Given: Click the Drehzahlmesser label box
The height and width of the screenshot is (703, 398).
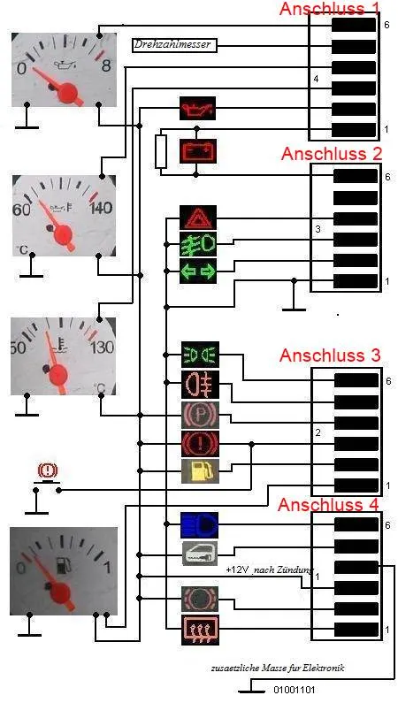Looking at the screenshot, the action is pyautogui.click(x=175, y=45).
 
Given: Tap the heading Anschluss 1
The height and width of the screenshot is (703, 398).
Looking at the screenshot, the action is pyautogui.click(x=330, y=8).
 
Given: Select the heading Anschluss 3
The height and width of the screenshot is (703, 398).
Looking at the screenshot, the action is pyautogui.click(x=330, y=355).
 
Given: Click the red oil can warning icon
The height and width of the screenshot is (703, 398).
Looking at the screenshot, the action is pyautogui.click(x=197, y=108).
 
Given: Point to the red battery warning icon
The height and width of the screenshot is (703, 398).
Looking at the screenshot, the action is pyautogui.click(x=197, y=151).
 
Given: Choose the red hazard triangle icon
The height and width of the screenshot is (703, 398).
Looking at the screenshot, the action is pyautogui.click(x=198, y=218).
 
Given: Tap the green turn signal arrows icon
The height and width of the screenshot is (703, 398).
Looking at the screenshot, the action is pyautogui.click(x=198, y=271).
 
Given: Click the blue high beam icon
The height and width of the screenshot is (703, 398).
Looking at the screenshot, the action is pyautogui.click(x=200, y=524).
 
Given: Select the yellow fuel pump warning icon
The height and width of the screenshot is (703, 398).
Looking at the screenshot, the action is pyautogui.click(x=200, y=470).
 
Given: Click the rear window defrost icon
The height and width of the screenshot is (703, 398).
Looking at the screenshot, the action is pyautogui.click(x=200, y=630).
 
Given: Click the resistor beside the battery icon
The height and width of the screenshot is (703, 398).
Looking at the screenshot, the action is pyautogui.click(x=161, y=151).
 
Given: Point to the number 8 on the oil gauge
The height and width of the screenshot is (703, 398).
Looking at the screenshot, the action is pyautogui.click(x=106, y=67).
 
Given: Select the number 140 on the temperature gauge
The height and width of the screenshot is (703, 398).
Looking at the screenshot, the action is pyautogui.click(x=101, y=209).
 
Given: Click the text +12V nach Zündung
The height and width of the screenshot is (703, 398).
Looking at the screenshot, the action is pyautogui.click(x=270, y=569).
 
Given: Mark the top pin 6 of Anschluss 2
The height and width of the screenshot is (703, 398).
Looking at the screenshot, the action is pyautogui.click(x=356, y=176).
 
